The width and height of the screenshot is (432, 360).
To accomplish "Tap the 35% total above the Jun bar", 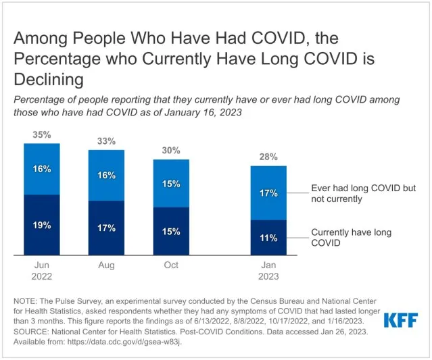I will pyautogui.click(x=42, y=135).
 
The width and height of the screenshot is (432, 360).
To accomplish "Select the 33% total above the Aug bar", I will pyautogui.click(x=106, y=141).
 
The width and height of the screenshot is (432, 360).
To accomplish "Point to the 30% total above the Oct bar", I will pyautogui.click(x=171, y=151).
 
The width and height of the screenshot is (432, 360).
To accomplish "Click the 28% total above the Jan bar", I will pyautogui.click(x=268, y=157).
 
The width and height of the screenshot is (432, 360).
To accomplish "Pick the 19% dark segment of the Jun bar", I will pyautogui.click(x=42, y=225).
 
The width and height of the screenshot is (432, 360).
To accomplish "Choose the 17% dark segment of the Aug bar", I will pyautogui.click(x=106, y=228).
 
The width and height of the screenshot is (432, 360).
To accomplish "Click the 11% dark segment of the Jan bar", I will pyautogui.click(x=268, y=238).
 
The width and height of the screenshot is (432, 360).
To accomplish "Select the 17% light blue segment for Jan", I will pyautogui.click(x=268, y=193).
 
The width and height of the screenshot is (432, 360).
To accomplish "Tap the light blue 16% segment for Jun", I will pyautogui.click(x=42, y=169).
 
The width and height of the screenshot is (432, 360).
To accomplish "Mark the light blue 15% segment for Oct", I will pyautogui.click(x=171, y=183).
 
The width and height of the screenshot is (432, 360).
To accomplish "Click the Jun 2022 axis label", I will pyautogui.click(x=42, y=271).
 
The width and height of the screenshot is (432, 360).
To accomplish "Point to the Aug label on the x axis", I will pyautogui.click(x=106, y=265).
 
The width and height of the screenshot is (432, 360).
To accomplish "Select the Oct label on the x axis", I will pyautogui.click(x=171, y=265).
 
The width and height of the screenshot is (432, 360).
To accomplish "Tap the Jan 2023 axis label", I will pyautogui.click(x=268, y=271).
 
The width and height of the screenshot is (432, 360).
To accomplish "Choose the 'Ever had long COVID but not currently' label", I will pyautogui.click(x=363, y=193).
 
